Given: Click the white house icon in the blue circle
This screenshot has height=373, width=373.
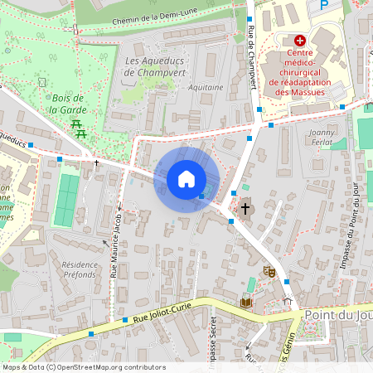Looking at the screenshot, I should [x=186, y=179].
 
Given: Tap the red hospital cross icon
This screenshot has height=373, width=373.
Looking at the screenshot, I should [x=300, y=40].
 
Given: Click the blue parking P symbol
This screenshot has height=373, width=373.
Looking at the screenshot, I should [x=323, y=5].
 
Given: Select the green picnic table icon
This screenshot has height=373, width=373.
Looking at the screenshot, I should [x=79, y=128].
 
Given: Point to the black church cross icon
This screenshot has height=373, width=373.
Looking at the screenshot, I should [x=245, y=208].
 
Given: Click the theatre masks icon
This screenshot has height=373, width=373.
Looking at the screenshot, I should [x=269, y=271].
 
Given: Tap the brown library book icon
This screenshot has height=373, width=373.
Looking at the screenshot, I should [x=245, y=303].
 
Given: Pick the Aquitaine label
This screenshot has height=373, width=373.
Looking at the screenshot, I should [x=206, y=87].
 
